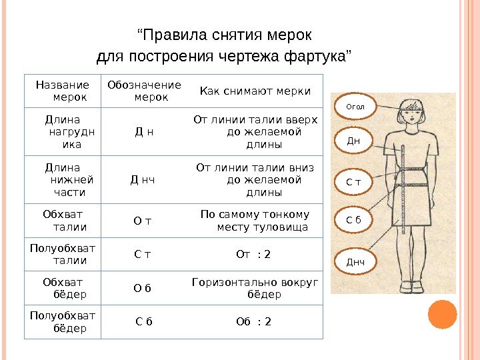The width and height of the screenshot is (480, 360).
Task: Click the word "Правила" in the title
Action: (x=175, y=34)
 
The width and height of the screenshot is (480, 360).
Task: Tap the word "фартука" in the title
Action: (x=313, y=55)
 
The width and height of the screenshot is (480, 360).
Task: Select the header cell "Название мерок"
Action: (x=62, y=91)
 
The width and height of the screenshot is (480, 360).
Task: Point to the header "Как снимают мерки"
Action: (x=255, y=91)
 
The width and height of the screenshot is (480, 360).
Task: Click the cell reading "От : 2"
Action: (x=254, y=254)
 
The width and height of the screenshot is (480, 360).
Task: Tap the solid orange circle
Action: (x=441, y=315)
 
